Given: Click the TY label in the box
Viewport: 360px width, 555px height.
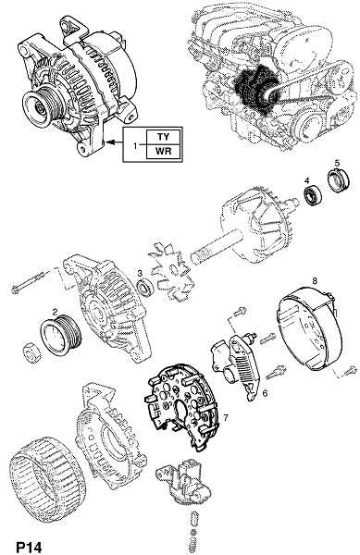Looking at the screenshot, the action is click(163, 137).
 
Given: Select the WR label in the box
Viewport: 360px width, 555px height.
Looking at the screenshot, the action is click(163, 151).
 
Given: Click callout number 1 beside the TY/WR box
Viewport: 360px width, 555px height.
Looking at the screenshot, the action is click(135, 145).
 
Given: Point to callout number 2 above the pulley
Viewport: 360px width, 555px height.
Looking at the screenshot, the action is click(55, 312).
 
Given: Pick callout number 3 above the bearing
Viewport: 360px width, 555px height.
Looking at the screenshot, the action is click(140, 273).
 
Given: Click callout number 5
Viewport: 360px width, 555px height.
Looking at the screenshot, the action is click(337, 163).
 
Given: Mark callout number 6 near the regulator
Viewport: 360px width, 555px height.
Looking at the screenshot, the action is click(265, 393).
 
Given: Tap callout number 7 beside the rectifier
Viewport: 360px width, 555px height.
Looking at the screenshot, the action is click(226, 418).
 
